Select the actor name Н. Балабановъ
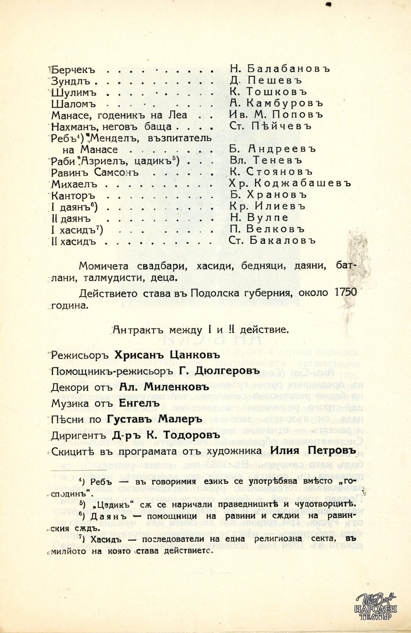280,69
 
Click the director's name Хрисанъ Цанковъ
165,355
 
